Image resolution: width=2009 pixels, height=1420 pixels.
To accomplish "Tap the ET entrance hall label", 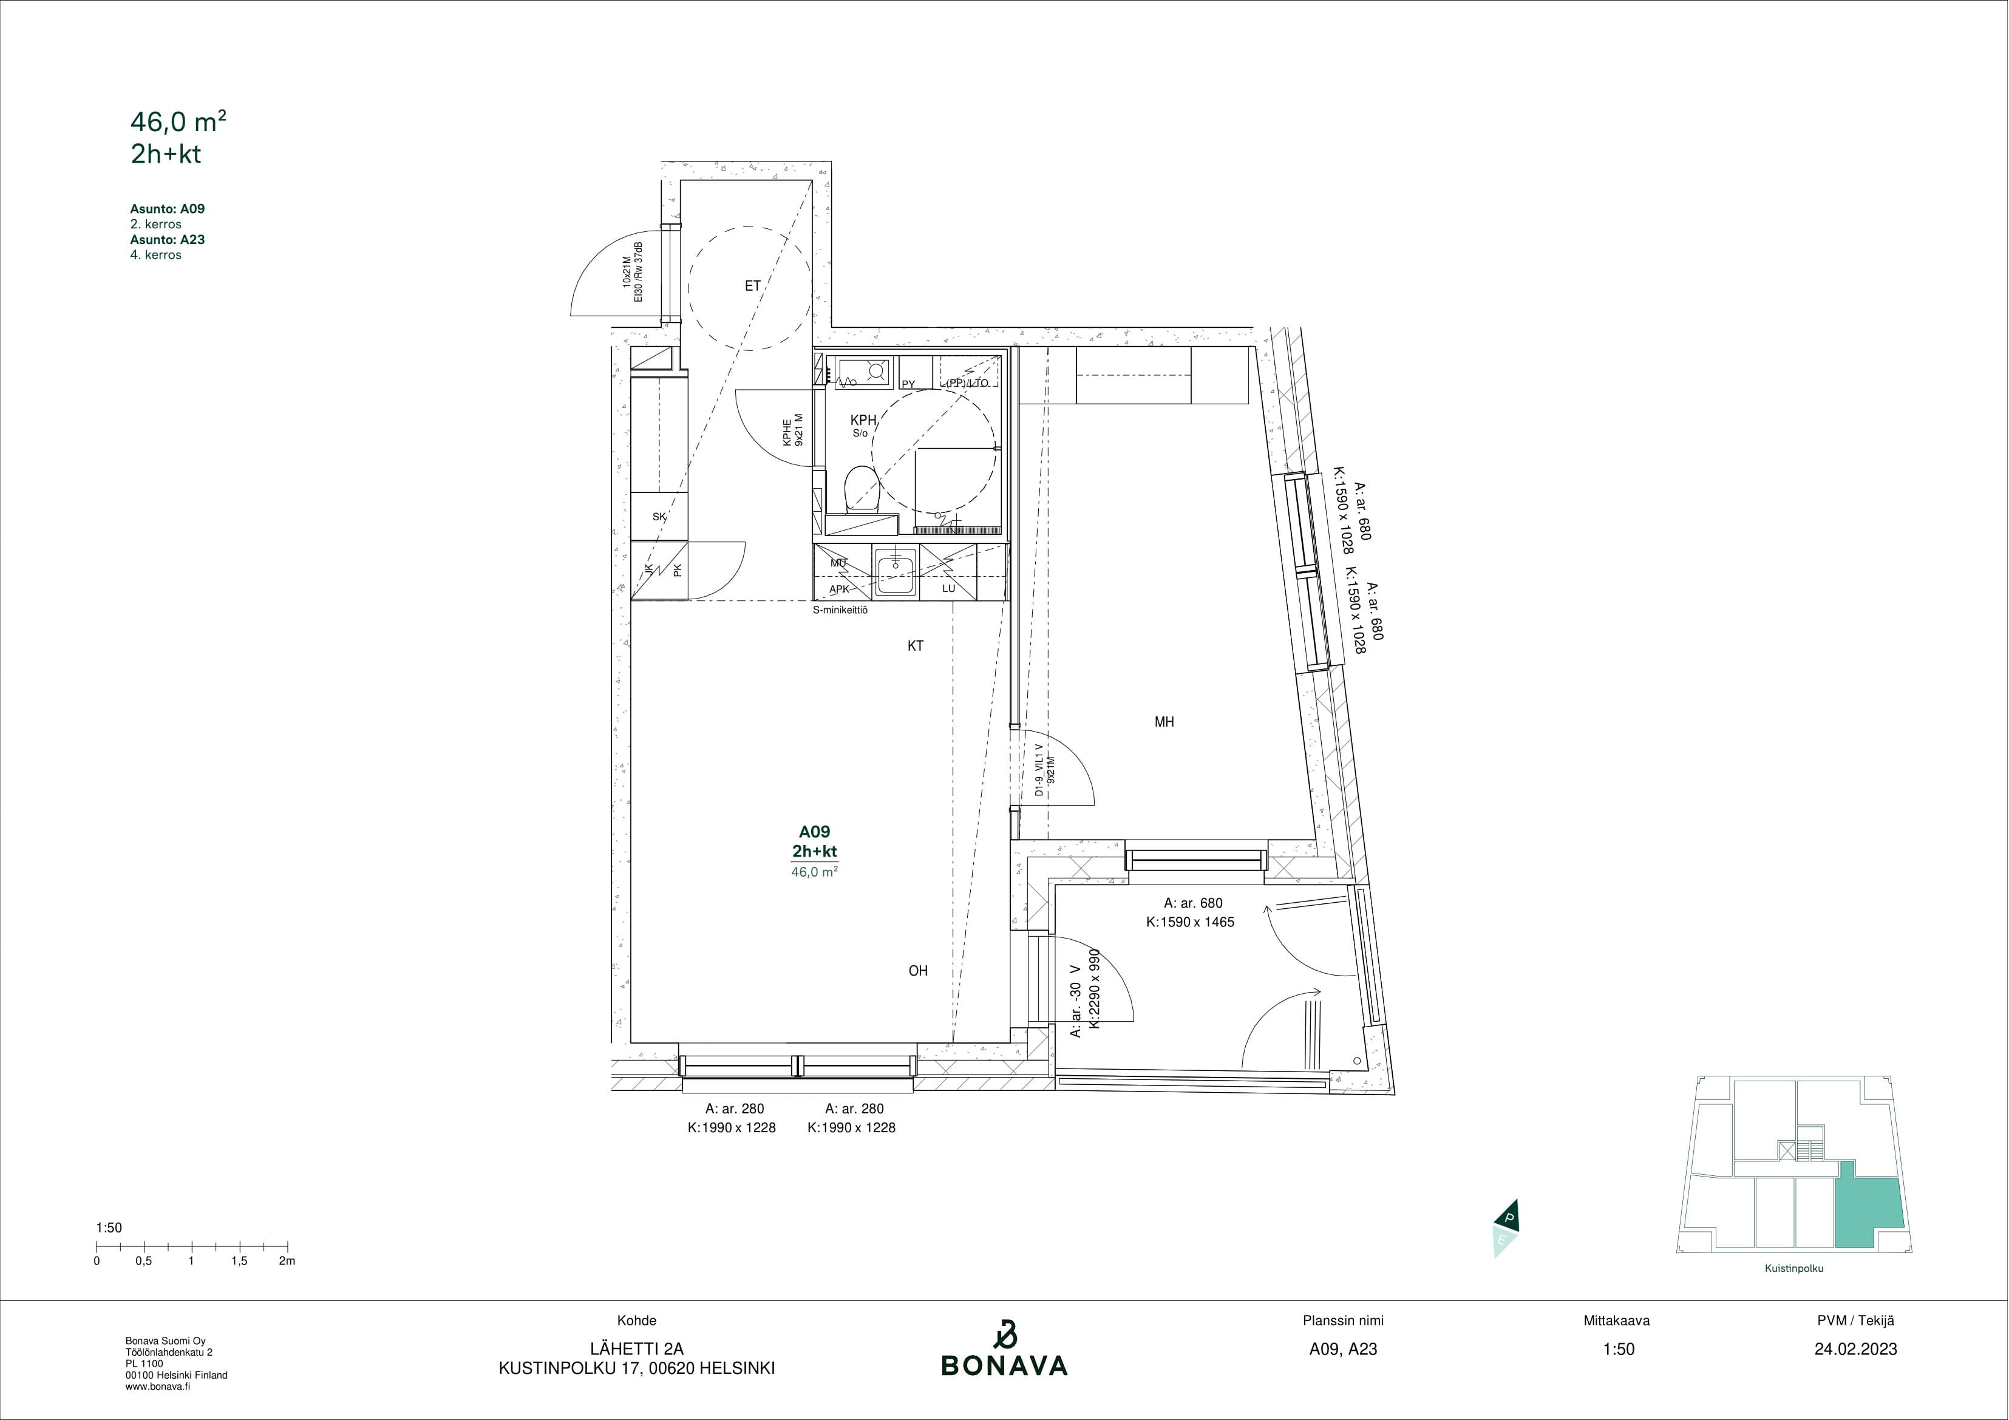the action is [752, 285].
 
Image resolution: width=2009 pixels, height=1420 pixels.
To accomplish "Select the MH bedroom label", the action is [1164, 722].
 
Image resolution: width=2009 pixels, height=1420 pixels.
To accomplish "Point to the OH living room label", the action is [918, 970].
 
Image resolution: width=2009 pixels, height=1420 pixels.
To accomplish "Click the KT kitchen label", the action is [915, 646].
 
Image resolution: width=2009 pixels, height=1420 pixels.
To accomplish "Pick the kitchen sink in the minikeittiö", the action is [895, 573].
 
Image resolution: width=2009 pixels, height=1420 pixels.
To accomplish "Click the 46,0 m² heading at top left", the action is [178, 121].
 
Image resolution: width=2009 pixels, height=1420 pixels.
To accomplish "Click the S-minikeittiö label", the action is [840, 611].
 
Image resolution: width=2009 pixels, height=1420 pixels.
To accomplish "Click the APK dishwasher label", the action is [839, 589].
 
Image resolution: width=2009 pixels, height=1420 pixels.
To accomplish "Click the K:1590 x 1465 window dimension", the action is [1190, 922].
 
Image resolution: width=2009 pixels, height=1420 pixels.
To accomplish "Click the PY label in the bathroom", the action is [908, 384].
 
